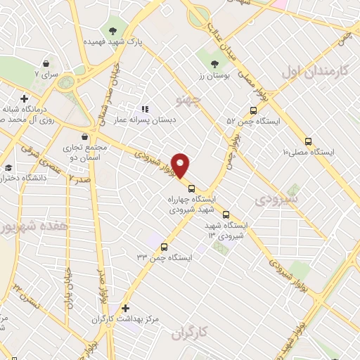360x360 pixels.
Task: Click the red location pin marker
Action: coord(181,166)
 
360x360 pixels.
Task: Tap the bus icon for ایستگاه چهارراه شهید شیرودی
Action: coord(191,187)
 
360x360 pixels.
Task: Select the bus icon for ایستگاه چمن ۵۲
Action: coord(254,110)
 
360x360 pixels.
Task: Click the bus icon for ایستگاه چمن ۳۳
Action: coord(165,247)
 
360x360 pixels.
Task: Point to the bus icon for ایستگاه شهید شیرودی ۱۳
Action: coord(226,215)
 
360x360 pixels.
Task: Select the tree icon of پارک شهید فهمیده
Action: coord(112,30)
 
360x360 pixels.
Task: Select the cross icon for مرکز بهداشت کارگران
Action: coord(125,308)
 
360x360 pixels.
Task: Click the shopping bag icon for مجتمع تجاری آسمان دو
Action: coord(85,136)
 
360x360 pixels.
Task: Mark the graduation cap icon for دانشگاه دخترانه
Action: coord(8,167)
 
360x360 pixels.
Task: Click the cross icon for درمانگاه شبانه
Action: coord(25,98)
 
